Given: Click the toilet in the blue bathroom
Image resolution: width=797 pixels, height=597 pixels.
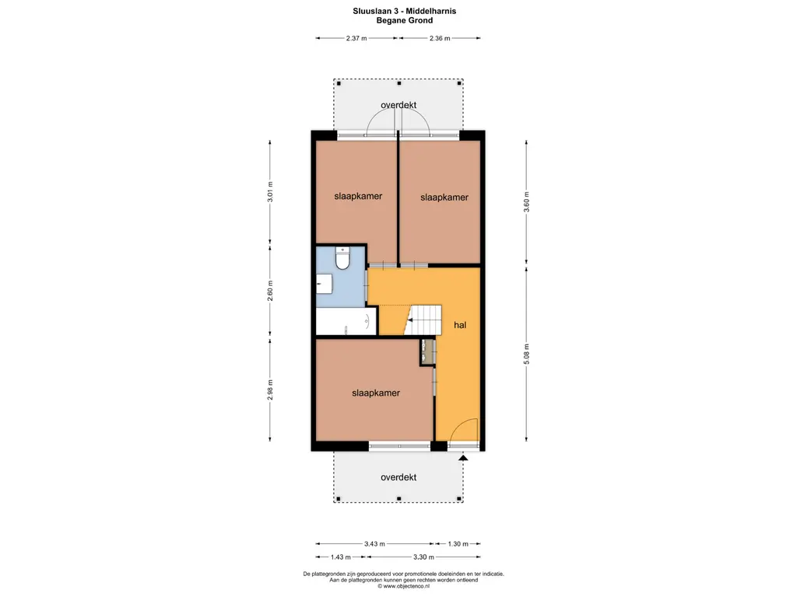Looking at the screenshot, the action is point(342,258).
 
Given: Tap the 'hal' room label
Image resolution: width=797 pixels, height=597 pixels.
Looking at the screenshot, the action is point(460,325).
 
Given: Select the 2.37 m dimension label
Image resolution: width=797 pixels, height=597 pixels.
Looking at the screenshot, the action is point(356,38).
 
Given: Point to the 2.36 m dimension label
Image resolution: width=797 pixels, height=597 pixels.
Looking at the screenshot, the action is point(440,38).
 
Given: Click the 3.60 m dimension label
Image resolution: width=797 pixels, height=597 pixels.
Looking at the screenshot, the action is point(527,202).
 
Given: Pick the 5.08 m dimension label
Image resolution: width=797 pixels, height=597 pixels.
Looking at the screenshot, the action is point(527,354).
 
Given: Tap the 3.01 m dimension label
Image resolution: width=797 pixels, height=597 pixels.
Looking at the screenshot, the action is point(270,192).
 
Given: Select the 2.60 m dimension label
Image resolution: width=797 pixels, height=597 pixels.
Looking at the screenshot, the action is point(270,291).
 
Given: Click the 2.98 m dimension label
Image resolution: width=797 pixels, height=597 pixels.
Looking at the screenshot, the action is point(270,390).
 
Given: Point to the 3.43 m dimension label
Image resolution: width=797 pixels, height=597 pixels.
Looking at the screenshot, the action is point(374,543).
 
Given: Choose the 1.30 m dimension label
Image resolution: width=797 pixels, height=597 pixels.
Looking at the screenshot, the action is point(458,543).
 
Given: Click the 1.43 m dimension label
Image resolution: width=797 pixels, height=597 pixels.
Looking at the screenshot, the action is point(341,557).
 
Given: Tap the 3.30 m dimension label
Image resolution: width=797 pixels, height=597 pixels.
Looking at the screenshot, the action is point(424,557).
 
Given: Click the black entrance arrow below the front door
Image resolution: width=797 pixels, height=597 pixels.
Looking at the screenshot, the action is point(463,457).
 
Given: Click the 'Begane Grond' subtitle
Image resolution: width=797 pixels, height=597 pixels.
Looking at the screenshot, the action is point(405,20).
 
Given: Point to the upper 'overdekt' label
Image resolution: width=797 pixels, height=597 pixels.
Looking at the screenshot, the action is point(398,105).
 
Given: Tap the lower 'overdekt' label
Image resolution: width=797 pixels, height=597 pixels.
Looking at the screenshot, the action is point(398,477).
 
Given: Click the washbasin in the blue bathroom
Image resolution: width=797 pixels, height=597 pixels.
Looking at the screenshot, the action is point(325,284).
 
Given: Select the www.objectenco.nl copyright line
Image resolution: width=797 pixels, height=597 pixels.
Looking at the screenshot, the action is point(404,586).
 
